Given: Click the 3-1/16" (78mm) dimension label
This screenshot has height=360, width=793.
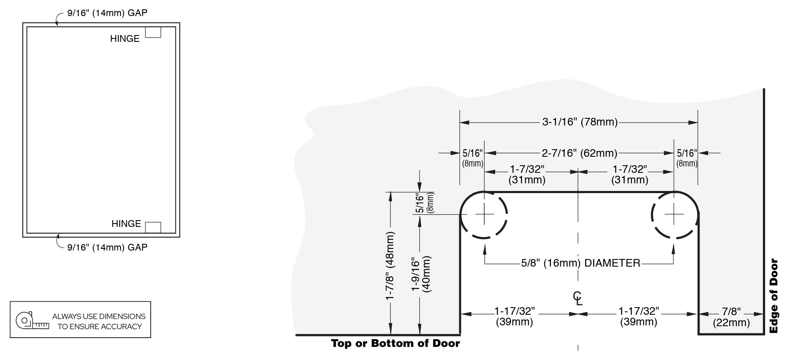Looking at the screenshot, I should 580,123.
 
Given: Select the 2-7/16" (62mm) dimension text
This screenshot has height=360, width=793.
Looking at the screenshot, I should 579,153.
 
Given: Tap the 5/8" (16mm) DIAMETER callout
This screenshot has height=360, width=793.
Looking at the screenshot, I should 580,263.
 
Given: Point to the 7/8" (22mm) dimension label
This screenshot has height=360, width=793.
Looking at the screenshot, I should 731,317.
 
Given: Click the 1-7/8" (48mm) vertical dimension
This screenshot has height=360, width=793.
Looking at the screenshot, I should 390,266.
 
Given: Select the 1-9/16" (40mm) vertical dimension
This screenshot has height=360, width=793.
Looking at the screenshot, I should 421,274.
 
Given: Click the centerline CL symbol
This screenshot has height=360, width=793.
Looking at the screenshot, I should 578,298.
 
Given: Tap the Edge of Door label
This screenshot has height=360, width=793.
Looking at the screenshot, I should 774,296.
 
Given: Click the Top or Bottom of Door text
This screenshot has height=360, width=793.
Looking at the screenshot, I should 395,343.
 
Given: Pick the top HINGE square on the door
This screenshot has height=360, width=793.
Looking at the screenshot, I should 153,33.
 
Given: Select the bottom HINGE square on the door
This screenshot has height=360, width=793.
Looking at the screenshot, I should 153,227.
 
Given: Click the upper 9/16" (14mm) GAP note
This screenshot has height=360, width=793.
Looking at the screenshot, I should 107,13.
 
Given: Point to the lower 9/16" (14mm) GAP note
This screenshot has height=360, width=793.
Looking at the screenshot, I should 107,247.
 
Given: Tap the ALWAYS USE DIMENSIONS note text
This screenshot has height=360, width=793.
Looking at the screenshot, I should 99,321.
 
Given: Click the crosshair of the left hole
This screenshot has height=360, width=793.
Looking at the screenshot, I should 484,215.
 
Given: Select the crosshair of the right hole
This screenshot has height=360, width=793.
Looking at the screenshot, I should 674,215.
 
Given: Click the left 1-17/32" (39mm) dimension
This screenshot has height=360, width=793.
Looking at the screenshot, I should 515,316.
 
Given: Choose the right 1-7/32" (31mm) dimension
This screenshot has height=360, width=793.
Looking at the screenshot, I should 629,175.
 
